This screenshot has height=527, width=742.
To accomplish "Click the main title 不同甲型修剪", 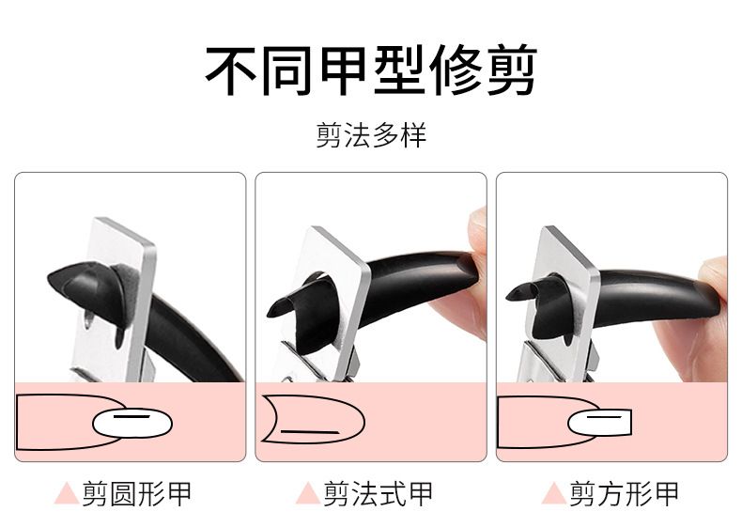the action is [372, 70].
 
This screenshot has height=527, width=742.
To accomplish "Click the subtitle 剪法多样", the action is [372, 135].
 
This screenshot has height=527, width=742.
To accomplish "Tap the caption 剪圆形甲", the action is [137, 494].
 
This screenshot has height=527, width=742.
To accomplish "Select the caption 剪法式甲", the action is [379, 494].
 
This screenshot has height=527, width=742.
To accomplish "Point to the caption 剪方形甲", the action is [625, 494].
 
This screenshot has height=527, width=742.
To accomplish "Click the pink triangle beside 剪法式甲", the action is [307, 494].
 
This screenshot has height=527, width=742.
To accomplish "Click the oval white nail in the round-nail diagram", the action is [132, 424].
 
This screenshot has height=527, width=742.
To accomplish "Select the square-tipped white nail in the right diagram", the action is [599, 423].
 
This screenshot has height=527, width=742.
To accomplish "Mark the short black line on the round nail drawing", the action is [131, 417].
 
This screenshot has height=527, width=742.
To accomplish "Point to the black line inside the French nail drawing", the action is [310, 432].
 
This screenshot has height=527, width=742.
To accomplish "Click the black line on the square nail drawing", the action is [603, 417].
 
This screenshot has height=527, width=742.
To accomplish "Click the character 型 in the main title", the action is [399, 70].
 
